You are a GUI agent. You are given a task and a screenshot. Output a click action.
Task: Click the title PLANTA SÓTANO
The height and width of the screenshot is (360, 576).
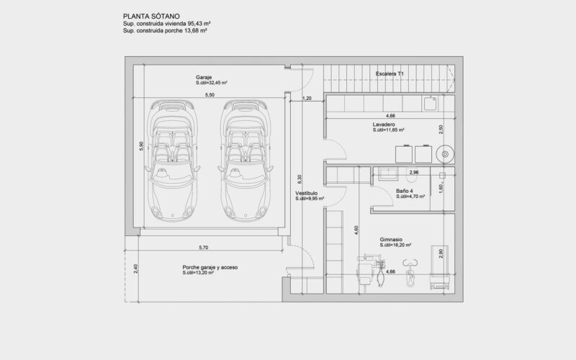(x=151, y=16)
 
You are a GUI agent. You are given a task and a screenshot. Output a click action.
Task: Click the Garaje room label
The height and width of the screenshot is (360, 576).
(x=204, y=78)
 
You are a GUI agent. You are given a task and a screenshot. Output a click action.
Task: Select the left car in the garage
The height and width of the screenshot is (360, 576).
(x=172, y=161)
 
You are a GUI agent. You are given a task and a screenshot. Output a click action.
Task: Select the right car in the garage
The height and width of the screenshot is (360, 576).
(x=246, y=161)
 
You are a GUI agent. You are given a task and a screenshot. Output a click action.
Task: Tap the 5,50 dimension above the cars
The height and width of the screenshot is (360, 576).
(x=210, y=95)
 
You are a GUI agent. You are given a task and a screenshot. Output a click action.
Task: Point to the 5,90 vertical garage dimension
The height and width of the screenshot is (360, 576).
(x=141, y=146)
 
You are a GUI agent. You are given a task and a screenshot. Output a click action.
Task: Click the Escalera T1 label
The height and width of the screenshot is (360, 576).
(x=390, y=74)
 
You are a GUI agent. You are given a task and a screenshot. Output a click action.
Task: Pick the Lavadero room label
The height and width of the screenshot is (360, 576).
(x=384, y=125)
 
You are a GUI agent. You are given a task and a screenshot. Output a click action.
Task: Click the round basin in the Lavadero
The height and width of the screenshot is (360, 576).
(x=445, y=154)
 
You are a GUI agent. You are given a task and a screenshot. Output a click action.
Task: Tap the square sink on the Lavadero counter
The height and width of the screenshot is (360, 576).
(x=430, y=104)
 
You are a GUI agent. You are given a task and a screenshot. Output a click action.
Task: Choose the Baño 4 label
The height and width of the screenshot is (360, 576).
(x=404, y=191)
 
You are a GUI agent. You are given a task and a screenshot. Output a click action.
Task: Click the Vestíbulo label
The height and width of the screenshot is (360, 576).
(x=307, y=193)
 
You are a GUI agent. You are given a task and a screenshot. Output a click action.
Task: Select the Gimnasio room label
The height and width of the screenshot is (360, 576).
(x=391, y=240)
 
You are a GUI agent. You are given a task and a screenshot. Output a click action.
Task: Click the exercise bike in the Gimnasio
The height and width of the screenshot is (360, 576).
(x=410, y=273)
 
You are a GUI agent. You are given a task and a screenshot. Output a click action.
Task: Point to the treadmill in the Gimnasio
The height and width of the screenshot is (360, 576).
(x=439, y=267)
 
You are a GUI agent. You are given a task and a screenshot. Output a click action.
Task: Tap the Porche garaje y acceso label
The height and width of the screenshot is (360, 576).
(x=210, y=267)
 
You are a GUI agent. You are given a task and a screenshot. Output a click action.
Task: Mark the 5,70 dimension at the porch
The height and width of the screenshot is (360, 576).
(x=204, y=248)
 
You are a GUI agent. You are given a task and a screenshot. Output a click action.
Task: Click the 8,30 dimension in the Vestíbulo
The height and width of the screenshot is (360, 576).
(x=300, y=179)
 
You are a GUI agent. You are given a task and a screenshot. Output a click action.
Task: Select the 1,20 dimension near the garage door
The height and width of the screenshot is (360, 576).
(x=307, y=99)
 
